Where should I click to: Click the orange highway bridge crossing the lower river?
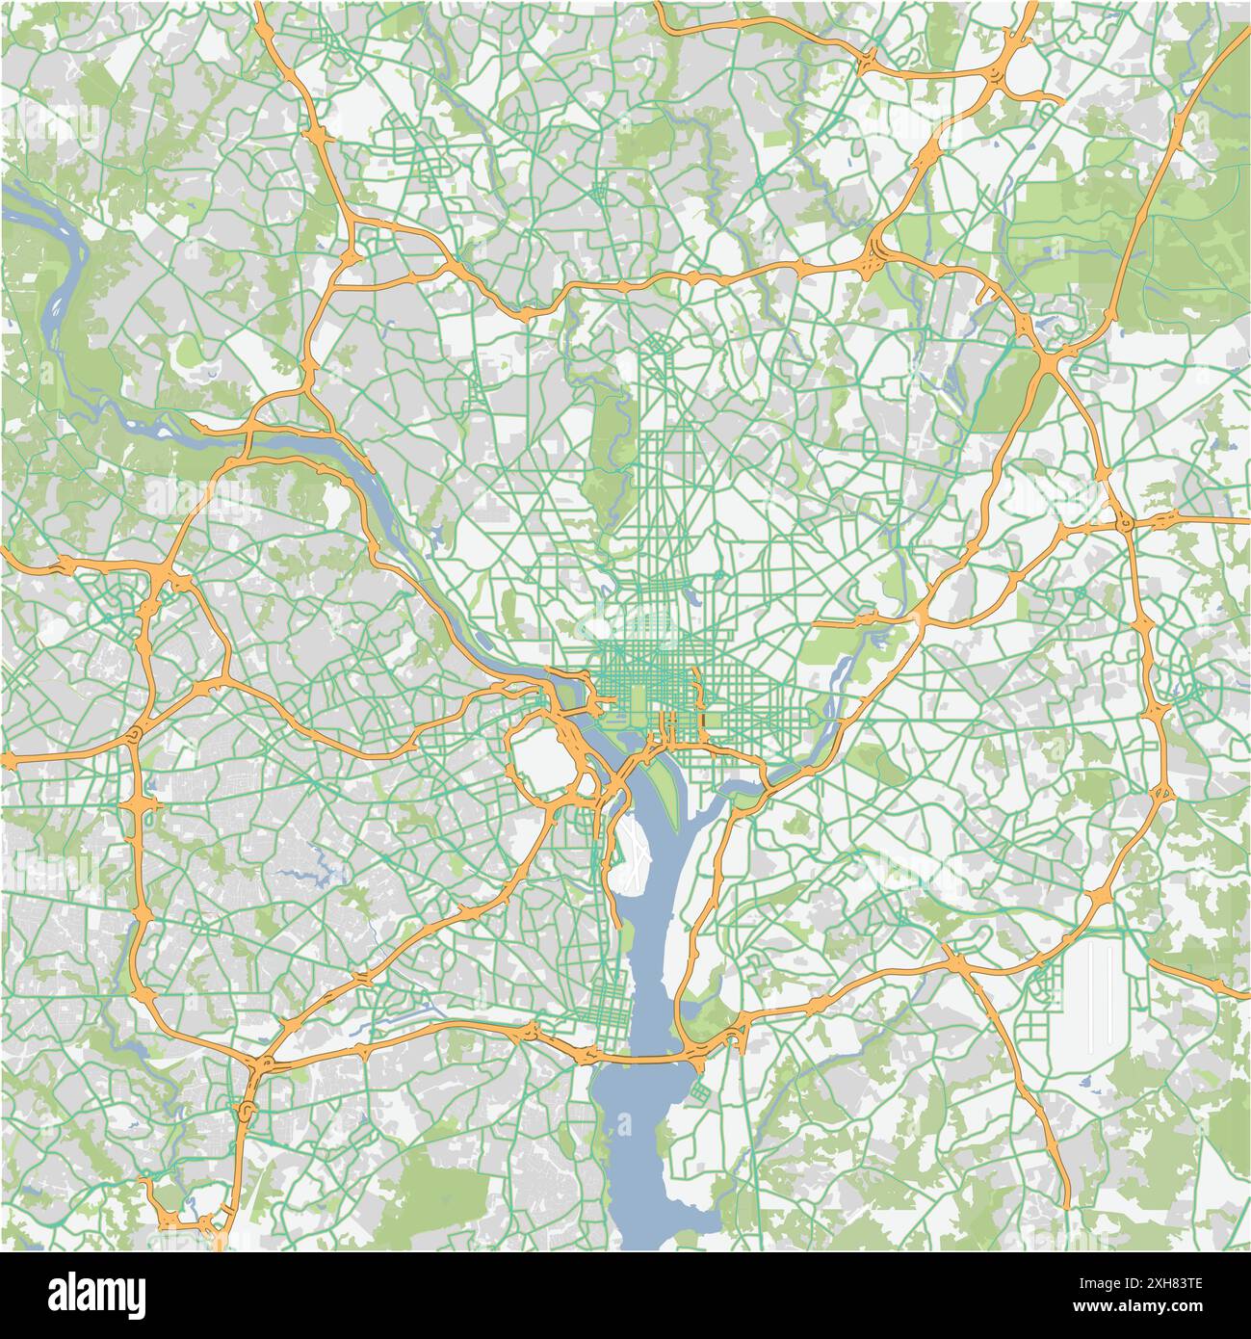(640, 1058)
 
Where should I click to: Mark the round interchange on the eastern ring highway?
(1125, 523)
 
